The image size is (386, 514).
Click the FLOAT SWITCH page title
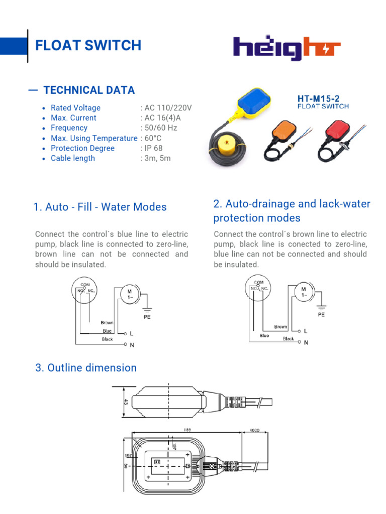click(88, 45)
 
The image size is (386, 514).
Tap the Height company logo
click(286, 48)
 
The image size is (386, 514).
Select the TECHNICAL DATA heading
click(89, 90)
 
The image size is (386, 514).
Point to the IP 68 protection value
click(153, 148)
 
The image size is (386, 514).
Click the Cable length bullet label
click(72, 158)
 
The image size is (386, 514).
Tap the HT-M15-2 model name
click(322, 99)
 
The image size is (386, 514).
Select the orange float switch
click(286, 134)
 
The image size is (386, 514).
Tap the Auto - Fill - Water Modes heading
click(100, 207)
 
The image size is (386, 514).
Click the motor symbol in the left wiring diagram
click(129, 294)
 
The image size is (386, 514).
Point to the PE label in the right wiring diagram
click(321, 315)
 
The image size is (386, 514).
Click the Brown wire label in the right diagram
click(281, 327)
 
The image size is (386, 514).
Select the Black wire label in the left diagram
click(108, 339)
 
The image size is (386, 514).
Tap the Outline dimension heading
click(85, 368)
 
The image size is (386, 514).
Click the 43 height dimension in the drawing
click(126, 402)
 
